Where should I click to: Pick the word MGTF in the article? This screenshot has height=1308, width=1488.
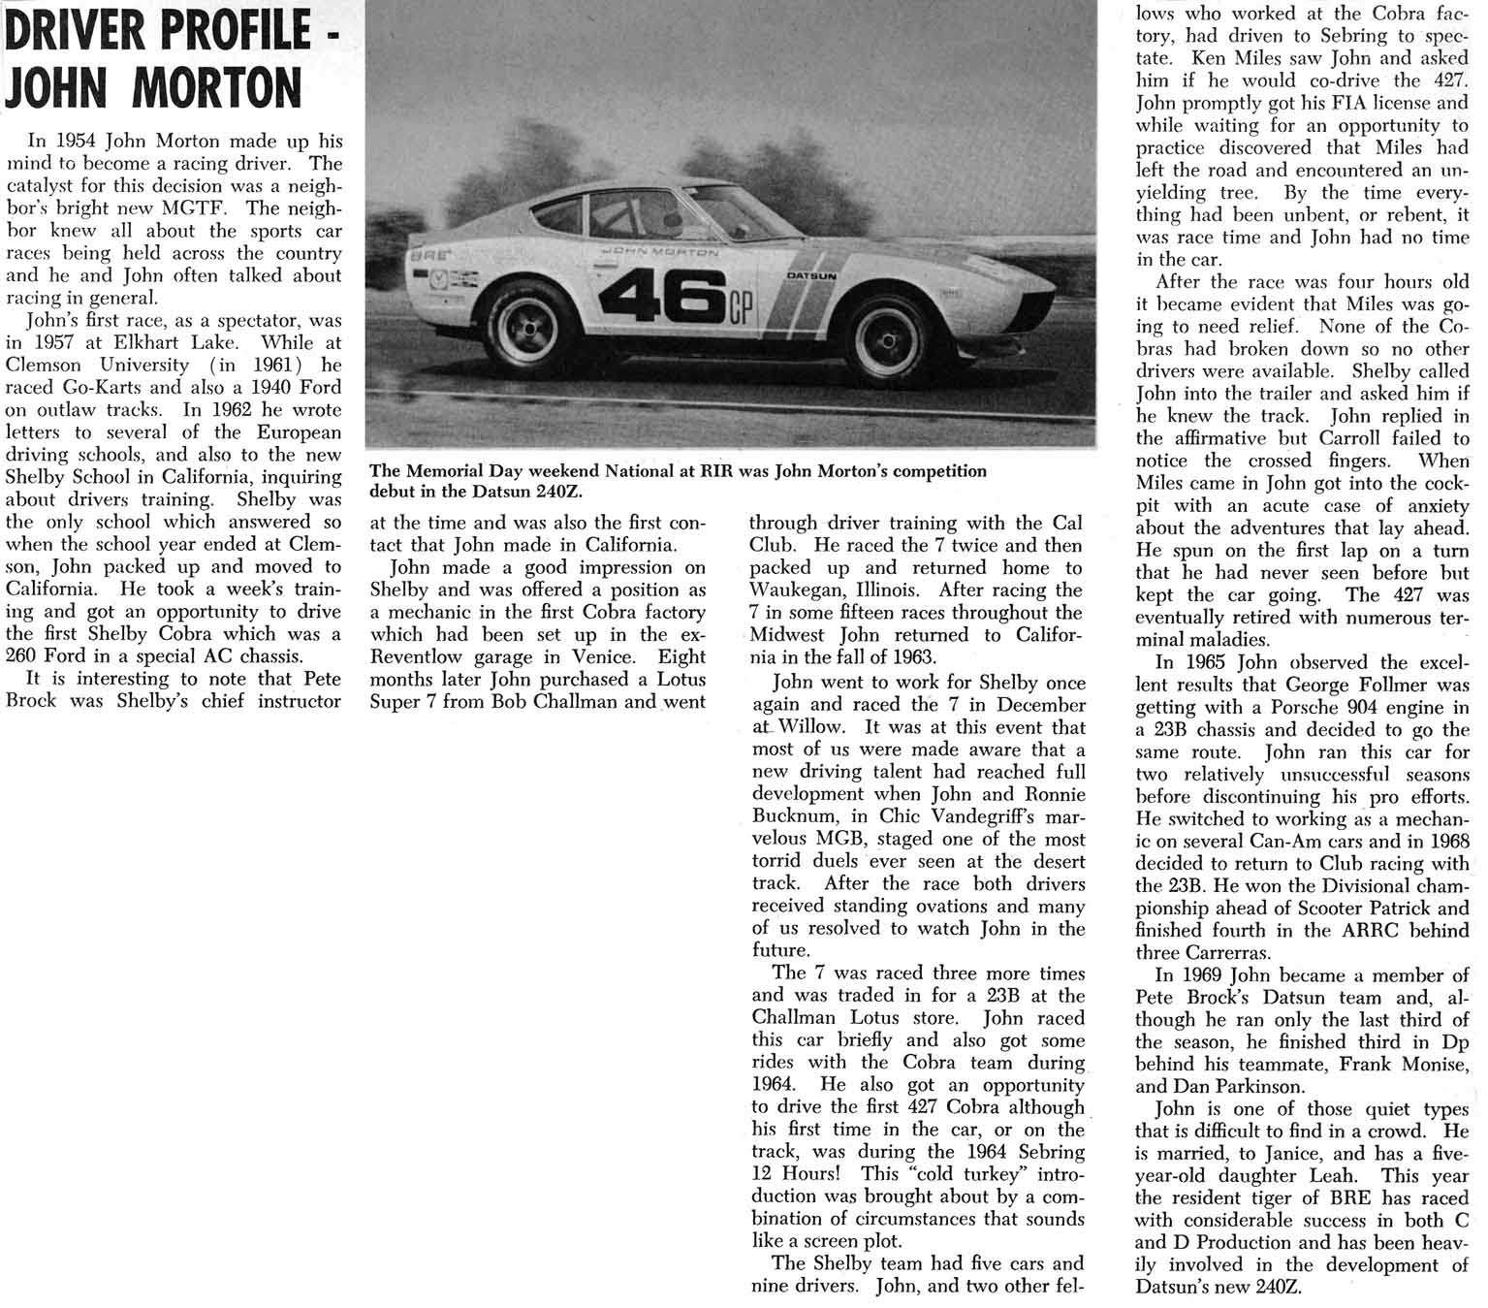[x=211, y=208]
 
